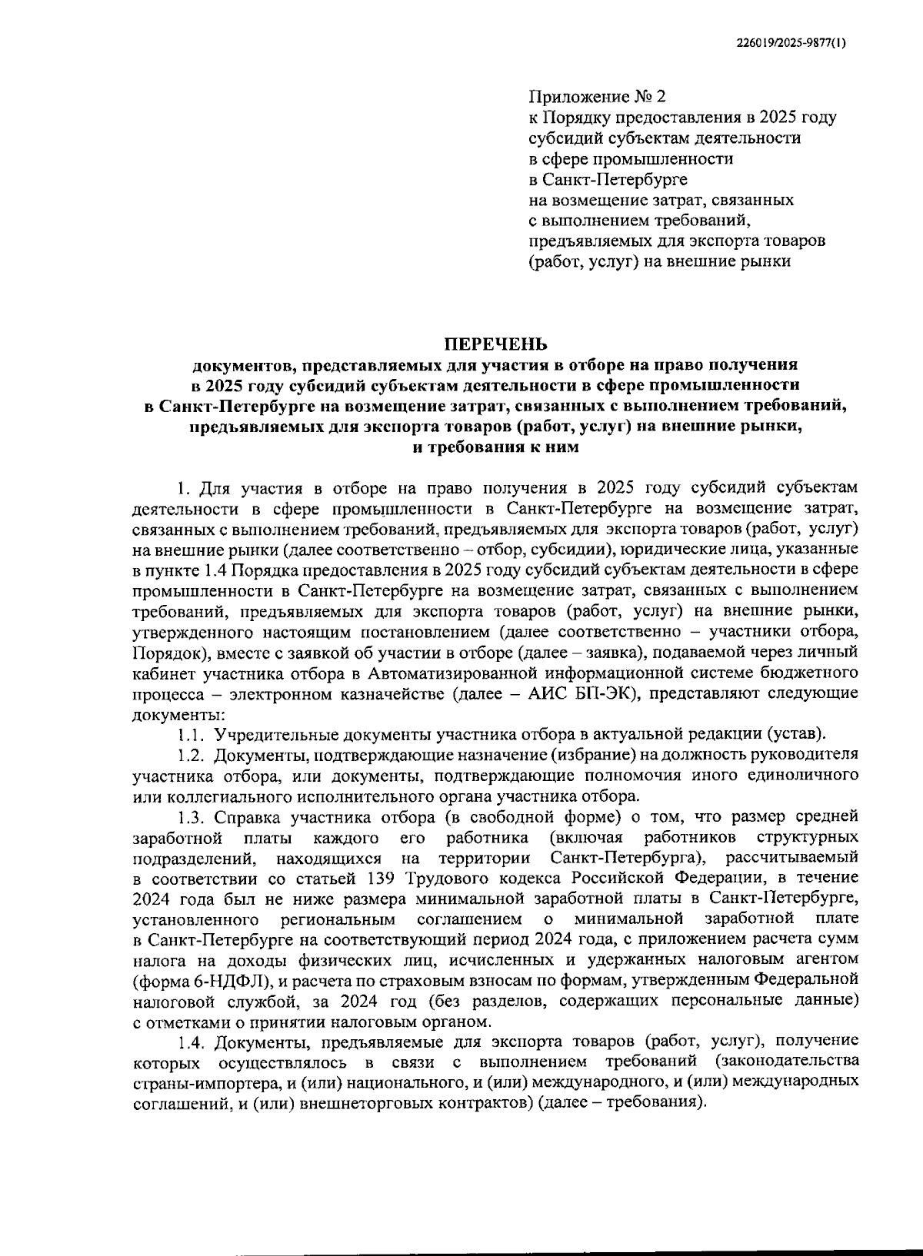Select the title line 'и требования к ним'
click(496, 447)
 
